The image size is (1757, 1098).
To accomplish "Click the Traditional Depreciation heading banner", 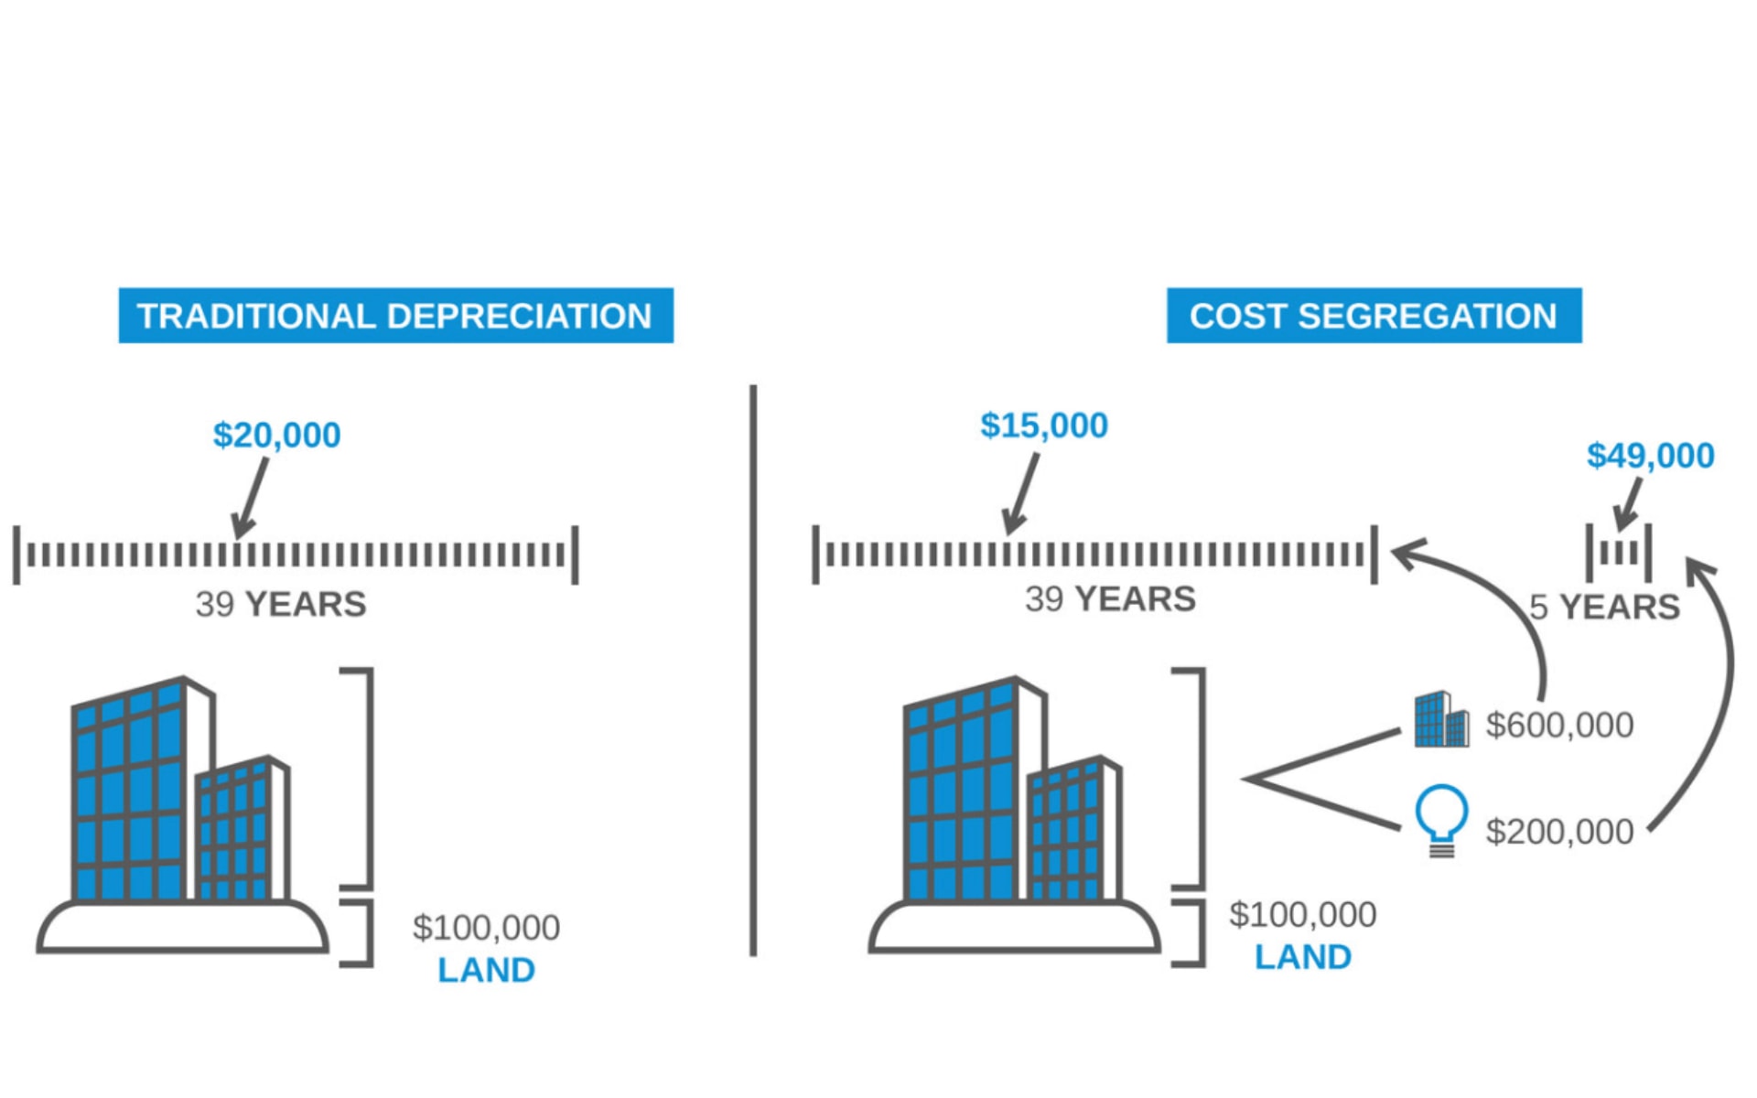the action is [x=395, y=316].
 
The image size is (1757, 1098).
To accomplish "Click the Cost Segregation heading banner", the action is [x=1373, y=316].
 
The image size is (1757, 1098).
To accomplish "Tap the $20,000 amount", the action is [x=276, y=435].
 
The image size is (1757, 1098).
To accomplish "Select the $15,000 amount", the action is [x=1043, y=425].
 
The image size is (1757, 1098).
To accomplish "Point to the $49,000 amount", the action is [x=1650, y=456].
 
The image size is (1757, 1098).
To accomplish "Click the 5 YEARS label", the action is [x=1605, y=607].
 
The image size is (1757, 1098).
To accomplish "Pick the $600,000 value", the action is [x=1559, y=725].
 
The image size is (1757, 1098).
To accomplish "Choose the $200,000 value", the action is [x=1559, y=832].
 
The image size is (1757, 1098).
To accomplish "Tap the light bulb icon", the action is [x=1441, y=820].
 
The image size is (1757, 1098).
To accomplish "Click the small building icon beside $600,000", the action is [x=1441, y=720].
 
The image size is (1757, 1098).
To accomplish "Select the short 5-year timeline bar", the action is [x=1619, y=553].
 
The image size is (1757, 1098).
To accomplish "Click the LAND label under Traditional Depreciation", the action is [x=486, y=970].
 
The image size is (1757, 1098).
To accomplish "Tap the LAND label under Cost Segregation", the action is [x=1302, y=957].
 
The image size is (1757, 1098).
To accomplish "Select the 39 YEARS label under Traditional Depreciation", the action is [x=280, y=604].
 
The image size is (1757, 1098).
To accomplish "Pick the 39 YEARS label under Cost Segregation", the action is [x=1110, y=599].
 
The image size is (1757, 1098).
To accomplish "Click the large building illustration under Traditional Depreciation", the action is [x=182, y=814].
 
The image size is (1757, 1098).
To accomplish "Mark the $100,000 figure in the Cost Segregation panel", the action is [x=1302, y=915].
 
